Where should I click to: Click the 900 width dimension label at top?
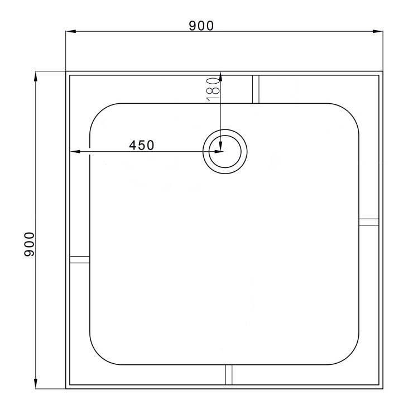(x=201, y=26)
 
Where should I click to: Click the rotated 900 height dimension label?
(x=30, y=244)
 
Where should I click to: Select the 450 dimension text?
(x=141, y=145)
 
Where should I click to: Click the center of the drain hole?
(x=224, y=151)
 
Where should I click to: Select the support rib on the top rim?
(x=256, y=89)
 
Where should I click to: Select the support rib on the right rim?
(x=368, y=221)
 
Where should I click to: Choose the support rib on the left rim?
(x=79, y=259)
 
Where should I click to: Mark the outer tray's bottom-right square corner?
(x=382, y=388)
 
